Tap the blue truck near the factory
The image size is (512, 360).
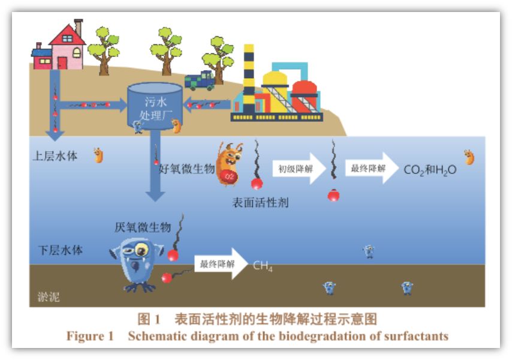click(x=200, y=80)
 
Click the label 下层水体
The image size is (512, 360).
click(x=61, y=250)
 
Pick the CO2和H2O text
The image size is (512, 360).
click(x=430, y=170)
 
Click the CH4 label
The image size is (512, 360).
click(x=263, y=266)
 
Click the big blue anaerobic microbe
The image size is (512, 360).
click(x=135, y=262)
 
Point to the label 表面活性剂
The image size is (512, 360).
click(x=260, y=202)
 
